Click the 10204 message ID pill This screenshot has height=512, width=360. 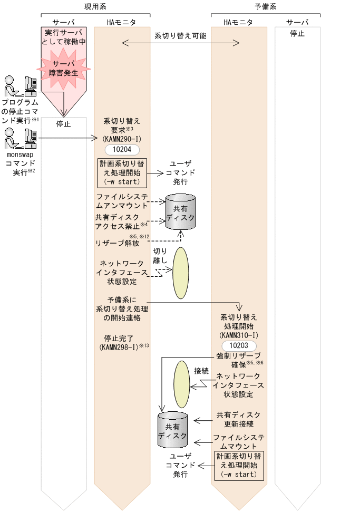click(x=122, y=149)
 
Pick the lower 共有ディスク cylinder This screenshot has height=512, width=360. click(x=173, y=427)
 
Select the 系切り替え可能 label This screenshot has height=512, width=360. click(x=180, y=36)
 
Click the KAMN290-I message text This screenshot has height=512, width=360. click(x=122, y=139)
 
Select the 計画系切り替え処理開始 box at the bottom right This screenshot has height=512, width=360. click(x=239, y=465)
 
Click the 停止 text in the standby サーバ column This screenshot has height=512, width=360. click(x=297, y=33)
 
